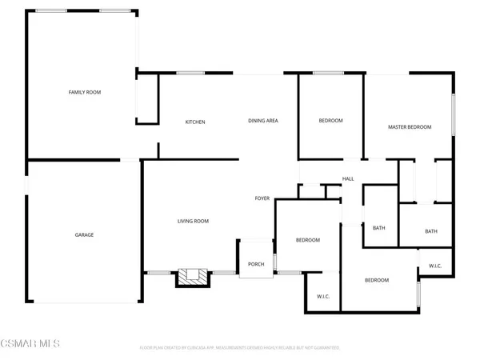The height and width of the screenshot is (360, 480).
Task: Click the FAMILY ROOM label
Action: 84,92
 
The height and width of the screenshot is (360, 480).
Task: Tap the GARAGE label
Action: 85,234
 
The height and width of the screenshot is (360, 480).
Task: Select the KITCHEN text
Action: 195,122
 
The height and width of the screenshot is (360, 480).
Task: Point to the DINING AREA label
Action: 262,120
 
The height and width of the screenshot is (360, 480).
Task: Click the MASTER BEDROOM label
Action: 410,127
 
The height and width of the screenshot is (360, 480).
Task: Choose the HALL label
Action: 348,178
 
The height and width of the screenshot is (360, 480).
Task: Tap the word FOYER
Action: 262,198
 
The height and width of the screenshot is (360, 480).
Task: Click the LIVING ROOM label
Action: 193,221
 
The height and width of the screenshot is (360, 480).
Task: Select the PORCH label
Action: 256,264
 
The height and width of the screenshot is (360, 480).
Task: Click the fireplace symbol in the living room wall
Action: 192,277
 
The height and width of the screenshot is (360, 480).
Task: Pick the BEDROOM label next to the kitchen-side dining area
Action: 330,120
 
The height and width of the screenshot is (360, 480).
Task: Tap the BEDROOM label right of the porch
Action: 308,240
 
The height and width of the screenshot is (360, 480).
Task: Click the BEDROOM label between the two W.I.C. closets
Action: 377,280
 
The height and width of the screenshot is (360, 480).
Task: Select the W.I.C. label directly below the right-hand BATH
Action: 435,265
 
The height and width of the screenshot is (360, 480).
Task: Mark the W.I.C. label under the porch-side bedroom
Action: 323,297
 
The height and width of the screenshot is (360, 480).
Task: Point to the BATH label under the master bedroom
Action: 430,231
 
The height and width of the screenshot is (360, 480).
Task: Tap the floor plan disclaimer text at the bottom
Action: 240,348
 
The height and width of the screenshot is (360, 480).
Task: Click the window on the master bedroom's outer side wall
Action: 454,114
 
